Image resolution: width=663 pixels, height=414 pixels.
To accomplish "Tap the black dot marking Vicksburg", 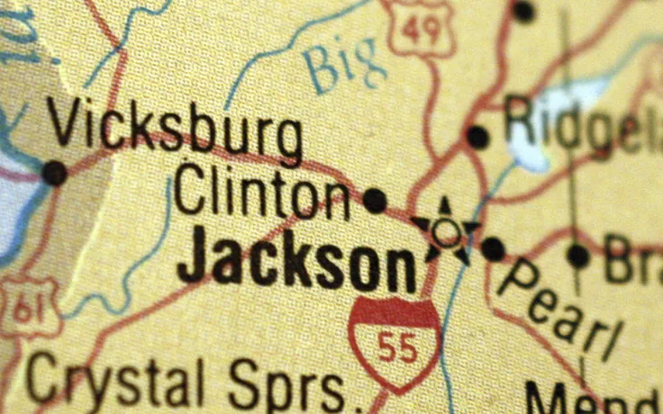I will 54,172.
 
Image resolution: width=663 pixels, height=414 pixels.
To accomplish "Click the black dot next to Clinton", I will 375,200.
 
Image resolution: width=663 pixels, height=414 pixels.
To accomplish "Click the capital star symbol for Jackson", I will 445,230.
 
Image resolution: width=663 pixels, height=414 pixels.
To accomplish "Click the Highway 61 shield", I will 27,309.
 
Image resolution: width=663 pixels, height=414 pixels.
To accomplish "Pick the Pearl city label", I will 559,310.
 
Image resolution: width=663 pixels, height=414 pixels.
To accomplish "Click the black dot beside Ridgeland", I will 477,137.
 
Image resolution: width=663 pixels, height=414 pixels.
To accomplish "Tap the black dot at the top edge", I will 523,11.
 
